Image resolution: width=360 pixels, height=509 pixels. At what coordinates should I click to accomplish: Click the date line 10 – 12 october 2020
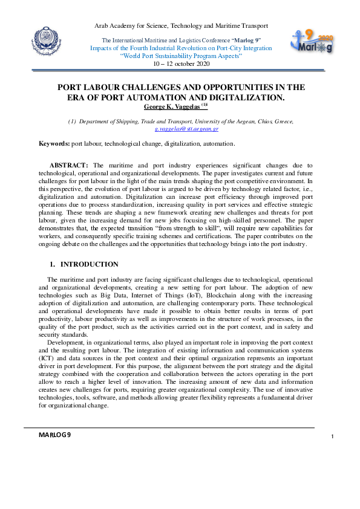[x=182, y=63]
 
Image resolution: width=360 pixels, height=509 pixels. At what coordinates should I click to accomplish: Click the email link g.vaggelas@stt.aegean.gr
[x=186, y=129]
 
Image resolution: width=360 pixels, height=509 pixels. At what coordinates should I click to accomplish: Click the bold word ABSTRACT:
[x=69, y=165]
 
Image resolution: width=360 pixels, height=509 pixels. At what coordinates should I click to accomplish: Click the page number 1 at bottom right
[x=333, y=436]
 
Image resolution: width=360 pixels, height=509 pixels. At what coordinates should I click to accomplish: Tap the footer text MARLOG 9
[x=54, y=435]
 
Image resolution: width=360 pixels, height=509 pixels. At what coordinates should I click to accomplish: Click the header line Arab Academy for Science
[x=182, y=26]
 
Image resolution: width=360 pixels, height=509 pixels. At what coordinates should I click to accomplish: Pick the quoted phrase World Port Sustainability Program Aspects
[x=182, y=56]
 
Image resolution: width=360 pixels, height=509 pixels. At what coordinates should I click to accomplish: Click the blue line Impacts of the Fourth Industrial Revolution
[x=181, y=48]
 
